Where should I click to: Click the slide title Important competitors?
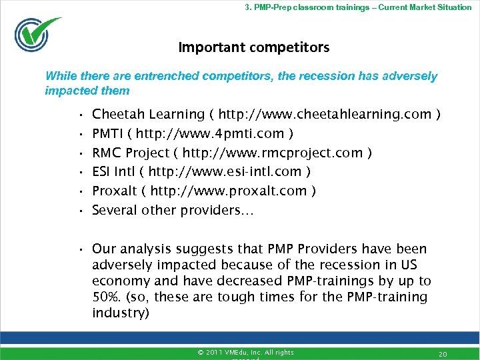(x=253, y=47)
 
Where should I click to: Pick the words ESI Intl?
(x=115, y=171)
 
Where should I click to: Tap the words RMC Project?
(x=131, y=153)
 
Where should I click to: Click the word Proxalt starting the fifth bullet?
(x=114, y=191)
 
